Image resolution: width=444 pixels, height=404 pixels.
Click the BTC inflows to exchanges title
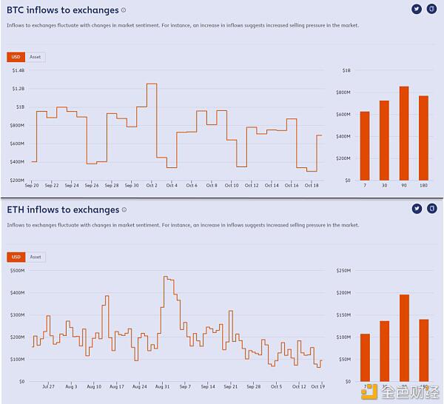[63, 10]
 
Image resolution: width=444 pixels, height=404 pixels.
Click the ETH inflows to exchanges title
[63, 209]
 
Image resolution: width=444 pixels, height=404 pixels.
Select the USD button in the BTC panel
[15, 57]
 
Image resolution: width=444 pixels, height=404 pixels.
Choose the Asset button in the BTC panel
[35, 57]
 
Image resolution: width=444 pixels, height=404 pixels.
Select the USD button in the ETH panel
[15, 257]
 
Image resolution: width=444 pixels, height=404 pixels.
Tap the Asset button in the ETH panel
[35, 257]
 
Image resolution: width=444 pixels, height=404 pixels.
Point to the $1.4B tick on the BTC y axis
[18, 70]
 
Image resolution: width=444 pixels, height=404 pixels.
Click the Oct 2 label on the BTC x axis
[152, 185]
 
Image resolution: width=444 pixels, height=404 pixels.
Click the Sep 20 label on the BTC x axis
[32, 185]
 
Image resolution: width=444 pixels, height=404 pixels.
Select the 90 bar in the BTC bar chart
[404, 133]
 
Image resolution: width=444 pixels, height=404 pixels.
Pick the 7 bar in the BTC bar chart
[364, 146]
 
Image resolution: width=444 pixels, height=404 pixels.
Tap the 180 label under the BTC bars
[423, 185]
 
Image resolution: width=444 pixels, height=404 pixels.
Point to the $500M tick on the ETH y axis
[17, 271]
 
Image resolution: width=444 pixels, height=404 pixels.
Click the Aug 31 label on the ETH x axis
[163, 386]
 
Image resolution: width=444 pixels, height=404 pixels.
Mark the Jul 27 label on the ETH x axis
[49, 386]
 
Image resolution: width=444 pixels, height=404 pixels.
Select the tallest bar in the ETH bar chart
[404, 337]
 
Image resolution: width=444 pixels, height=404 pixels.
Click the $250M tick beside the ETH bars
[343, 271]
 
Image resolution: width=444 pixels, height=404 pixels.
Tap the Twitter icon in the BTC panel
[417, 9]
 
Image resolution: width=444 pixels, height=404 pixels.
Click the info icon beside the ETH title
[124, 210]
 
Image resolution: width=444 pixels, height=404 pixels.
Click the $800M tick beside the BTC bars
[343, 92]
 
